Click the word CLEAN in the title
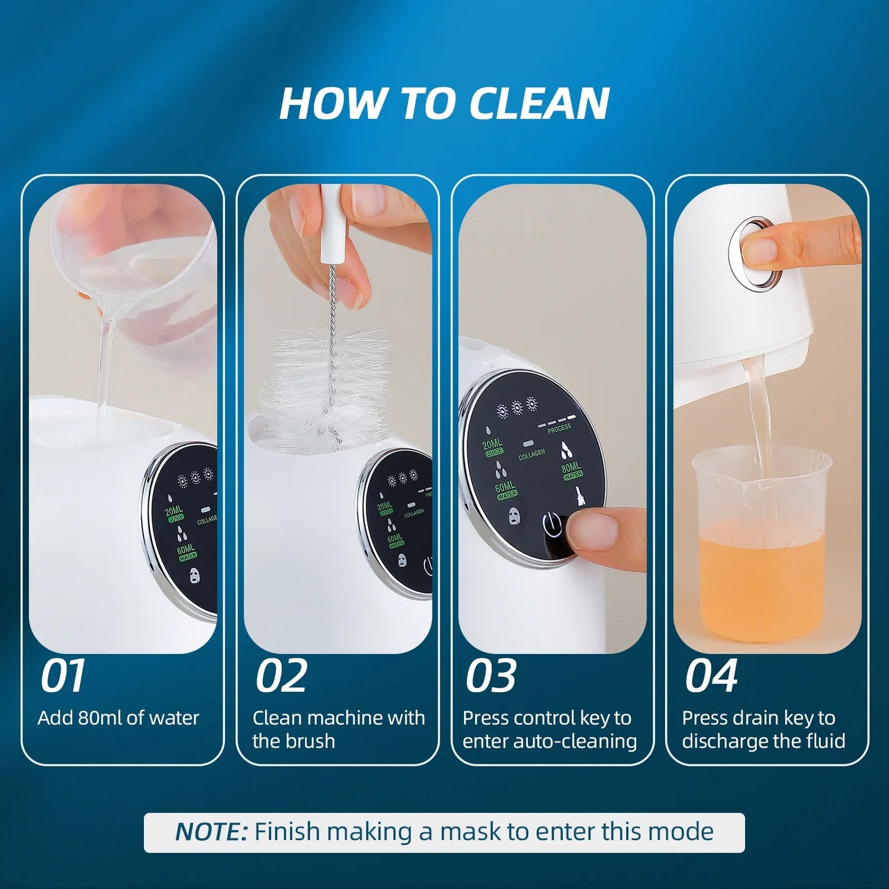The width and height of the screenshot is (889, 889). tap(539, 103)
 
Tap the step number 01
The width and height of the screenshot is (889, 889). tap(62, 676)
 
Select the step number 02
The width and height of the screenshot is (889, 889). tap(281, 676)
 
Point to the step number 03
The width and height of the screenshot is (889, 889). tap(490, 676)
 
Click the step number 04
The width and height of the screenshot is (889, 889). tap(711, 676)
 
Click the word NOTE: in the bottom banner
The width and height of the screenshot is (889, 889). tap(211, 832)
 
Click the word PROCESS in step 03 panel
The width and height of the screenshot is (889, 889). tap(559, 429)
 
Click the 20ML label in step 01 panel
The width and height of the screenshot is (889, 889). tap(174, 511)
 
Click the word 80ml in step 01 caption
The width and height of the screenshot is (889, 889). tap(100, 718)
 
